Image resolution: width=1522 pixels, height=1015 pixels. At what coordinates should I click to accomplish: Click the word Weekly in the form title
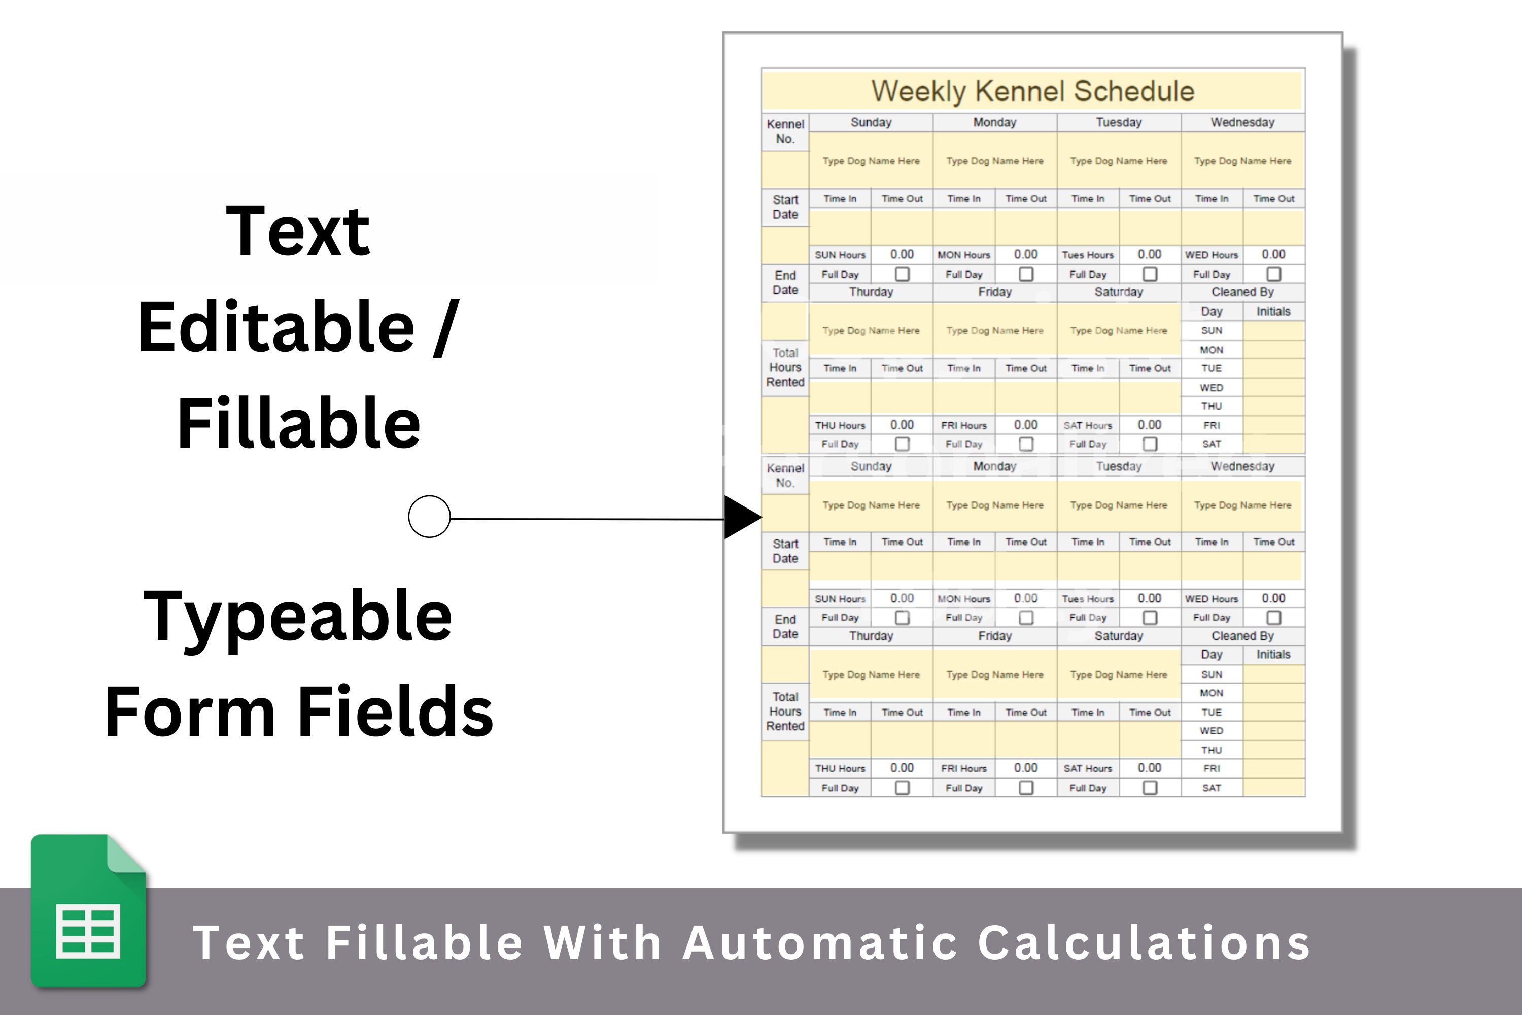tap(919, 91)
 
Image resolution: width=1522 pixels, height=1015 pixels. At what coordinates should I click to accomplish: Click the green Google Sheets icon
tap(89, 911)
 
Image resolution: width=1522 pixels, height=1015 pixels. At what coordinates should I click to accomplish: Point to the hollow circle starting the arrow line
tap(429, 517)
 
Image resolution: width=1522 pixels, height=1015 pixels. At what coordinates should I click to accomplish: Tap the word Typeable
tap(298, 618)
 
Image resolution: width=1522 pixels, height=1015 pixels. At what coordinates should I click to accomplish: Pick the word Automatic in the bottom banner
tap(820, 942)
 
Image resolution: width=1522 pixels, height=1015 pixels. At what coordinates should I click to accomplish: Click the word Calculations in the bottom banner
tap(1144, 942)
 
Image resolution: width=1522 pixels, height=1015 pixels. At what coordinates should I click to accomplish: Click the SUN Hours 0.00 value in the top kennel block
tap(902, 254)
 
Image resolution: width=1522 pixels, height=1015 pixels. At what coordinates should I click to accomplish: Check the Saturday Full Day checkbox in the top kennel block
tap(1149, 444)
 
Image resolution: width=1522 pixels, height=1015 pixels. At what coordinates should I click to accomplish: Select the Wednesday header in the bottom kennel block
tap(1242, 466)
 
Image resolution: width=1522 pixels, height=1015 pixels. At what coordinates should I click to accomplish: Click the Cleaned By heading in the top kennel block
tap(1242, 292)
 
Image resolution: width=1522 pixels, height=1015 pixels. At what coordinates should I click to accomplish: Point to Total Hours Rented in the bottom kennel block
tap(785, 712)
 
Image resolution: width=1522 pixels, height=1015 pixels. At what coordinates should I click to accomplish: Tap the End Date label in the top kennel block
tap(785, 283)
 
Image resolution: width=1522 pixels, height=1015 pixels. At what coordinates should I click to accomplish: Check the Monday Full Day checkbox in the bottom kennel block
tap(1026, 618)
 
